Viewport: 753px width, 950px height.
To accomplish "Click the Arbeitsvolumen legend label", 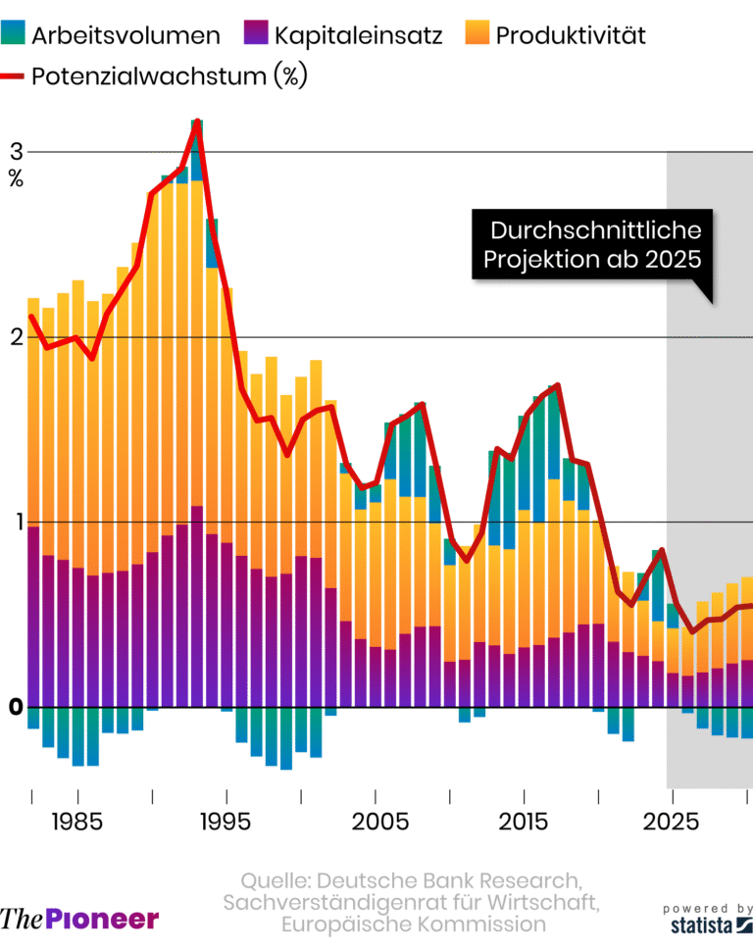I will [x=125, y=36].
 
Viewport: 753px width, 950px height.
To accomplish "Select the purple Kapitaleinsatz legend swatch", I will [x=255, y=36].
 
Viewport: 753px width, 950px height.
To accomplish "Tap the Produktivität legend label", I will [x=571, y=36].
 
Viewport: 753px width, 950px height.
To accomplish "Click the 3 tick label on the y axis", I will [x=16, y=152].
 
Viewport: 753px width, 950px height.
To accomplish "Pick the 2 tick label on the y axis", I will [x=16, y=336].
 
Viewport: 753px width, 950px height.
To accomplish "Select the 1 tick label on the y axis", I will [x=16, y=522].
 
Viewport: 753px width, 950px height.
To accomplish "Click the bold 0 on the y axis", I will [x=15, y=707].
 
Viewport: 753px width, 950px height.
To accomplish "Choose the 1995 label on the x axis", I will [x=226, y=820].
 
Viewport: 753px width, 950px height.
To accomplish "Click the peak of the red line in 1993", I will [x=197, y=121].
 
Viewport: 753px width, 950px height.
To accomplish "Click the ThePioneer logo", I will [x=79, y=919].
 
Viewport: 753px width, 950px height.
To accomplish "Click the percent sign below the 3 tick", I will [x=16, y=178].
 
